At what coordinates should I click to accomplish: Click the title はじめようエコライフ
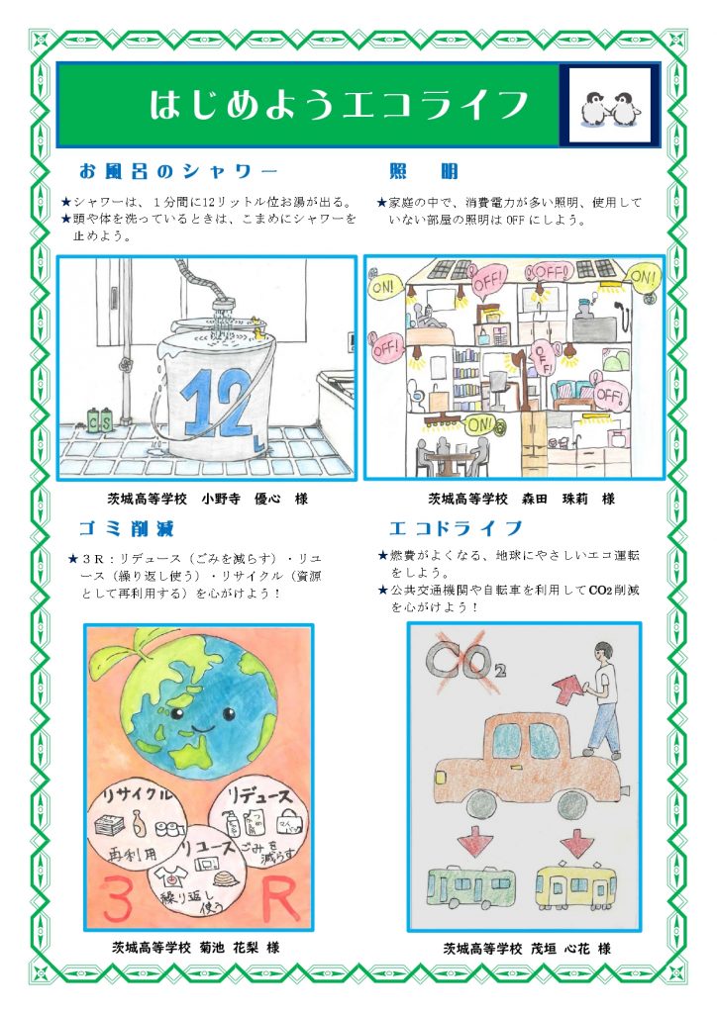click(x=339, y=105)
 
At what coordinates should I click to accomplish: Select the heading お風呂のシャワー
click(x=178, y=171)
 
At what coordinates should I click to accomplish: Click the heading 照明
click(x=424, y=171)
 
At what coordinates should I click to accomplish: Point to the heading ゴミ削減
click(x=126, y=529)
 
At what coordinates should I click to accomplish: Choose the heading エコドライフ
click(x=456, y=528)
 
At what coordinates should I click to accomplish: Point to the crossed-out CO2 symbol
click(x=461, y=659)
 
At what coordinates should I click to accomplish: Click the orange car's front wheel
click(x=484, y=805)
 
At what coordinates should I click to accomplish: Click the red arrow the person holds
click(x=568, y=690)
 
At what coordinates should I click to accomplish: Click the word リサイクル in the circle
click(x=137, y=794)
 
